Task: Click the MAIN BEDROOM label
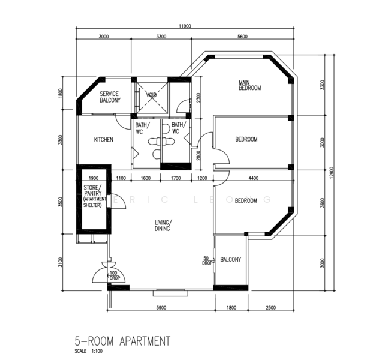tap(250, 85)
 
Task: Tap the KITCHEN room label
tap(104, 140)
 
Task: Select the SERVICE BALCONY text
tap(110, 97)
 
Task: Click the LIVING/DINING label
tap(163, 225)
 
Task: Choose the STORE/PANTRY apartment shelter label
tap(92, 197)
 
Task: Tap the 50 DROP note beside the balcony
tap(207, 261)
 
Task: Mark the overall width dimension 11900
tap(185, 26)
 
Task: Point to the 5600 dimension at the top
tap(242, 37)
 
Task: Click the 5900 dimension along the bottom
tap(161, 308)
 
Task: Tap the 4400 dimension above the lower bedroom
tap(253, 178)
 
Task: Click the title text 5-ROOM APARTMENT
tap(122, 341)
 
